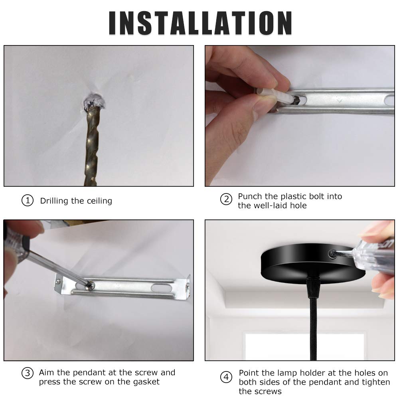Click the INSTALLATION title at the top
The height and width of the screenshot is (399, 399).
tap(200, 23)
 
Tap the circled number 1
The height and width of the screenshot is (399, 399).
tap(28, 201)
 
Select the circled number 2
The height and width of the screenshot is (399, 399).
tap(226, 199)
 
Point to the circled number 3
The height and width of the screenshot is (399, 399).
tap(28, 373)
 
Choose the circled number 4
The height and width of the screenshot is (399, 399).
tap(226, 377)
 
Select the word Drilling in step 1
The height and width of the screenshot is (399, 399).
tap(54, 201)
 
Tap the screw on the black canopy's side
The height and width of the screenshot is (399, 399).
tap(332, 254)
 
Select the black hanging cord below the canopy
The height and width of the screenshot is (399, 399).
tap(313, 329)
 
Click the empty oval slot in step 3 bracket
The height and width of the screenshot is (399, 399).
tap(161, 288)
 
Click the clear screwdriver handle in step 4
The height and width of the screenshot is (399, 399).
tap(374, 257)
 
